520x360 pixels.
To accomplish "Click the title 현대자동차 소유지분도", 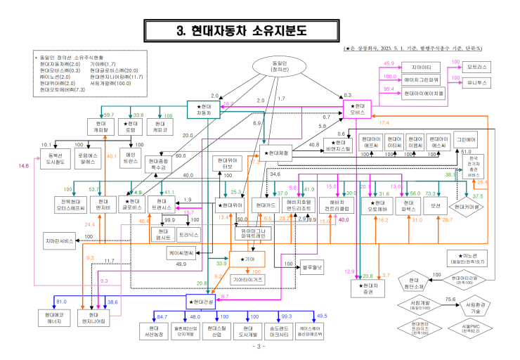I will (261, 31).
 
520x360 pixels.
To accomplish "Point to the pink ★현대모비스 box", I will (362, 109).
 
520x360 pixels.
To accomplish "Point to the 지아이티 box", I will (421, 66).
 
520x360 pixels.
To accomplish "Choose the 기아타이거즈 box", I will (247, 279).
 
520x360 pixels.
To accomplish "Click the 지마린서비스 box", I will (58, 241).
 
